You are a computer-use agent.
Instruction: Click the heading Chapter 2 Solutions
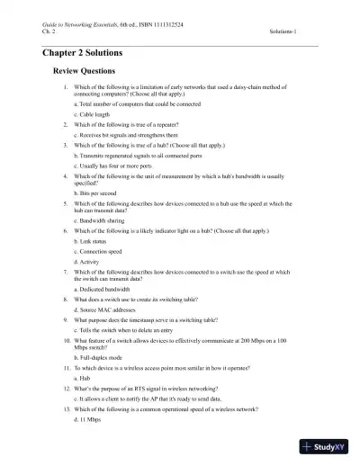(87, 53)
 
